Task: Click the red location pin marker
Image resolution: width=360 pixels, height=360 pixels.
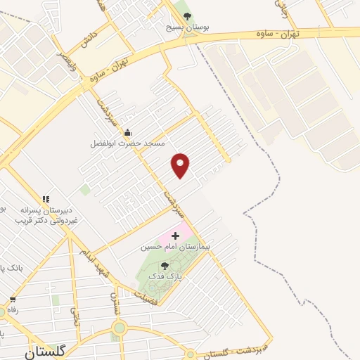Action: [181, 165]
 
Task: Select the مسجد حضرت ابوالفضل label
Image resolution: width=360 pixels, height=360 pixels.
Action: [127, 143]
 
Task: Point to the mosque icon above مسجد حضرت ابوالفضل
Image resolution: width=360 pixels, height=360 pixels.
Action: [127, 133]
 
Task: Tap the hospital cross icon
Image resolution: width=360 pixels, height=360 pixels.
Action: [175, 235]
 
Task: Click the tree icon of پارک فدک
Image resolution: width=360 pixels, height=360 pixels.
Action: [164, 266]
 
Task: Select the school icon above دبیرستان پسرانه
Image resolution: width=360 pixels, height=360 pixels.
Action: [46, 199]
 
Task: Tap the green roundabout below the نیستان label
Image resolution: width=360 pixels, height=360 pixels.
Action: [119, 328]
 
